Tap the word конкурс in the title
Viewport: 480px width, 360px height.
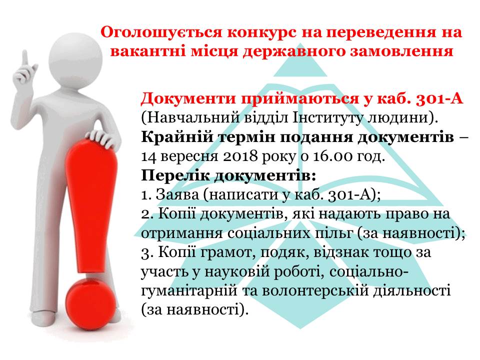tap(261, 32)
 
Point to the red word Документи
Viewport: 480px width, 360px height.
tap(189, 99)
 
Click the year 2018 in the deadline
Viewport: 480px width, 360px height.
tap(240, 156)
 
